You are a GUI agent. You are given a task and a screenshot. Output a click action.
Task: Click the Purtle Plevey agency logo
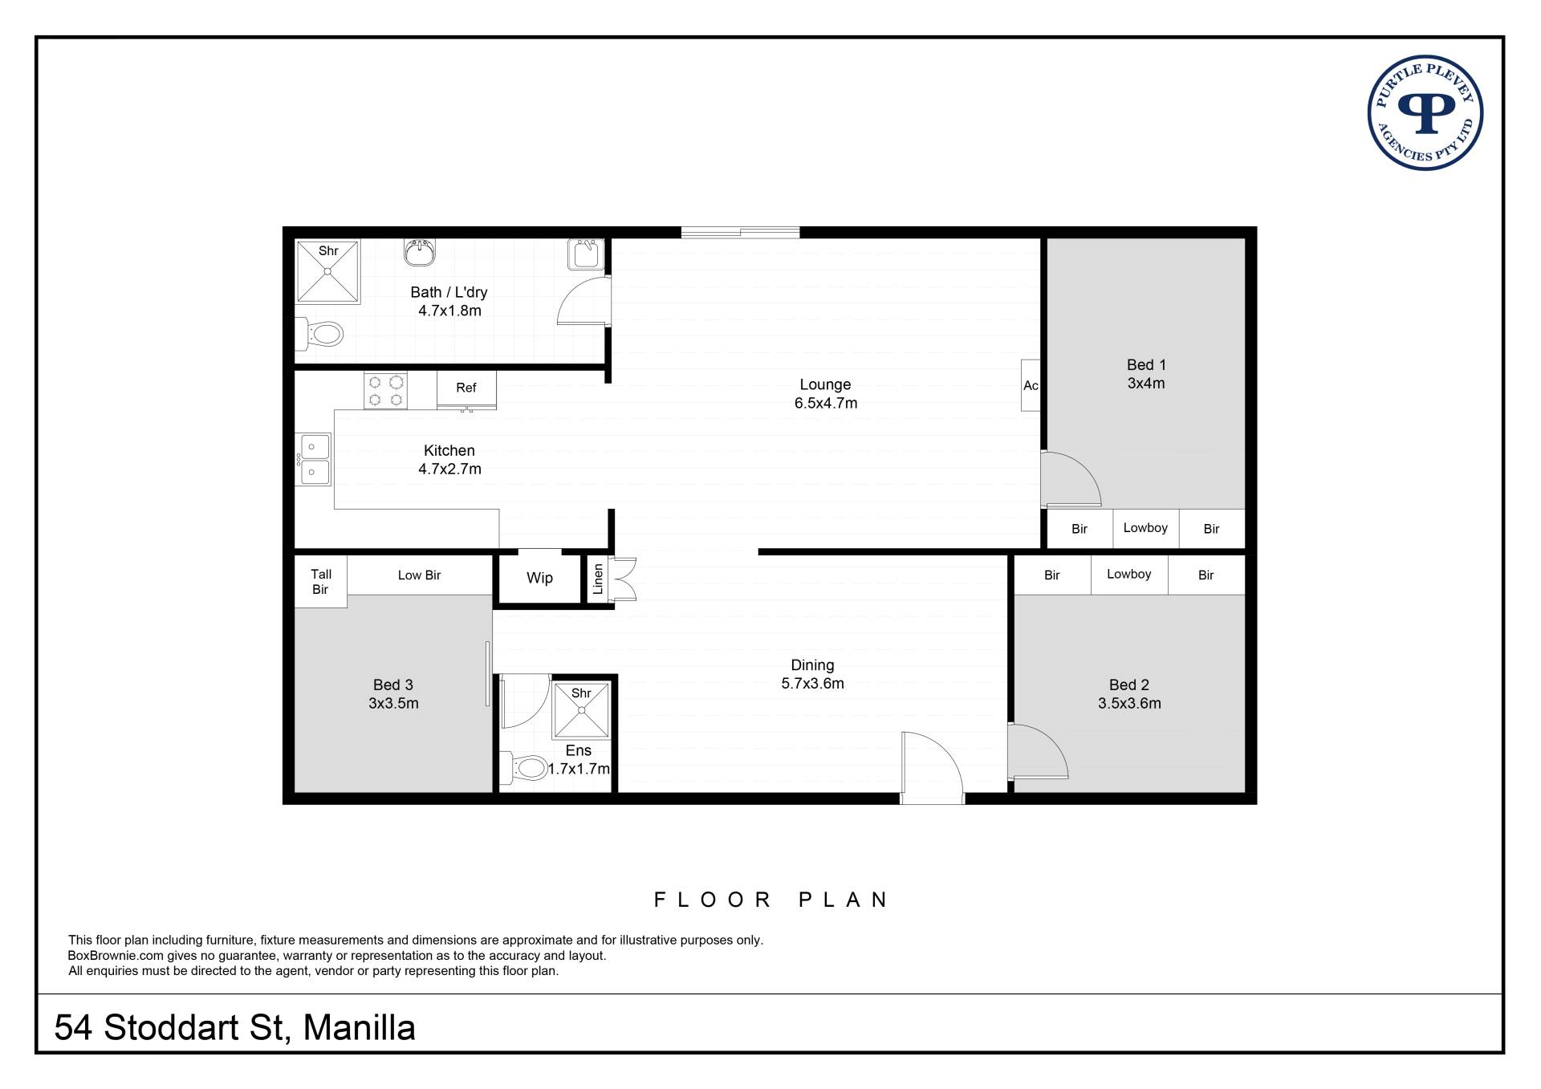tap(1425, 113)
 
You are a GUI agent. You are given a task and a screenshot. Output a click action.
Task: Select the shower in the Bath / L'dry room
tap(327, 271)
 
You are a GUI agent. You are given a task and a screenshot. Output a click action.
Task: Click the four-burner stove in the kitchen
tap(385, 391)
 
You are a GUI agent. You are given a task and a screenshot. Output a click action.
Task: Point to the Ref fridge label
tap(466, 388)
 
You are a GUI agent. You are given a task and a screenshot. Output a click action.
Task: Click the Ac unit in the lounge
tap(1031, 385)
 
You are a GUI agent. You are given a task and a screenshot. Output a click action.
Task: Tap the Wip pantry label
tap(539, 578)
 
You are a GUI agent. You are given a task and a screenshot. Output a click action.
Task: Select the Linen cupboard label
tap(598, 579)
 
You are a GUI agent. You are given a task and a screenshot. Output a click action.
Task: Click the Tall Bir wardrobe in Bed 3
tap(321, 582)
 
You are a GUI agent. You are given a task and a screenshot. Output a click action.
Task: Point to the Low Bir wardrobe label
tap(420, 575)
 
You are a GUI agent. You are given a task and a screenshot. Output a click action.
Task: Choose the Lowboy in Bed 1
tap(1145, 528)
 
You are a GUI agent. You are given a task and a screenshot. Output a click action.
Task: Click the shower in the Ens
tap(581, 710)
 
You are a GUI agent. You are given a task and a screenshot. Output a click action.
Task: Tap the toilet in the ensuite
tap(522, 768)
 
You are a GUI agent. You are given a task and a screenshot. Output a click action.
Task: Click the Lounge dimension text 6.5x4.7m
tap(826, 404)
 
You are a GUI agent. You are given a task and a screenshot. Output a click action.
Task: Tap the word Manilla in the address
tap(359, 1028)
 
